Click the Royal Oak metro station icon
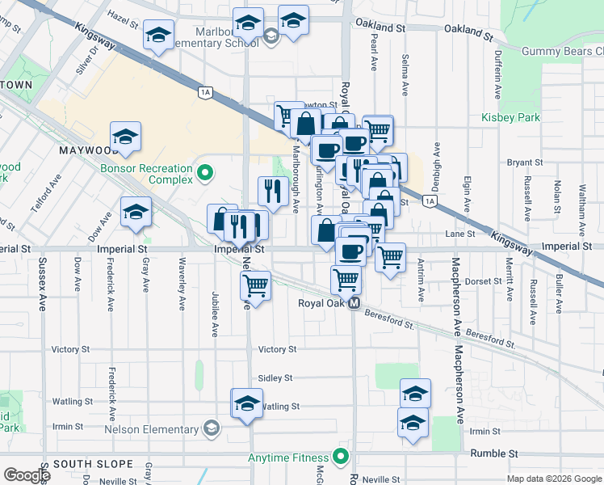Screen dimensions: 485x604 [x=354, y=304]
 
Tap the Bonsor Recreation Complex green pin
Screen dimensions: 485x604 [x=205, y=172]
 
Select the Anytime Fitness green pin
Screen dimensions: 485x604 [x=342, y=457]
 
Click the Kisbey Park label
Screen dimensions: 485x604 [x=510, y=117]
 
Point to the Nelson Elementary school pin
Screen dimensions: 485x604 [x=212, y=428]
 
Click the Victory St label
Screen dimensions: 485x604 [x=277, y=349]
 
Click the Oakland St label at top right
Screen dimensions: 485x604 [x=468, y=35]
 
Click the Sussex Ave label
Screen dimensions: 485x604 [x=42, y=285]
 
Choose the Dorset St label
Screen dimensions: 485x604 [x=484, y=281]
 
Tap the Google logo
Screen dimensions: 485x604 [x=27, y=475]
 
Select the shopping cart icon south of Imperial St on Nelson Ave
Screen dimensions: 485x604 [x=255, y=285]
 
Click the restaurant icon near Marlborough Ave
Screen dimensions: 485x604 [x=273, y=190]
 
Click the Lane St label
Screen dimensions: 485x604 [x=459, y=234]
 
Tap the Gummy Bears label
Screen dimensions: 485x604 [x=562, y=51]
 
